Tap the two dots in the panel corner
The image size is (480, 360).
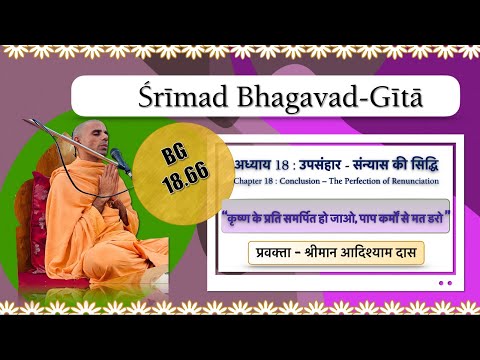pos(444,283)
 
